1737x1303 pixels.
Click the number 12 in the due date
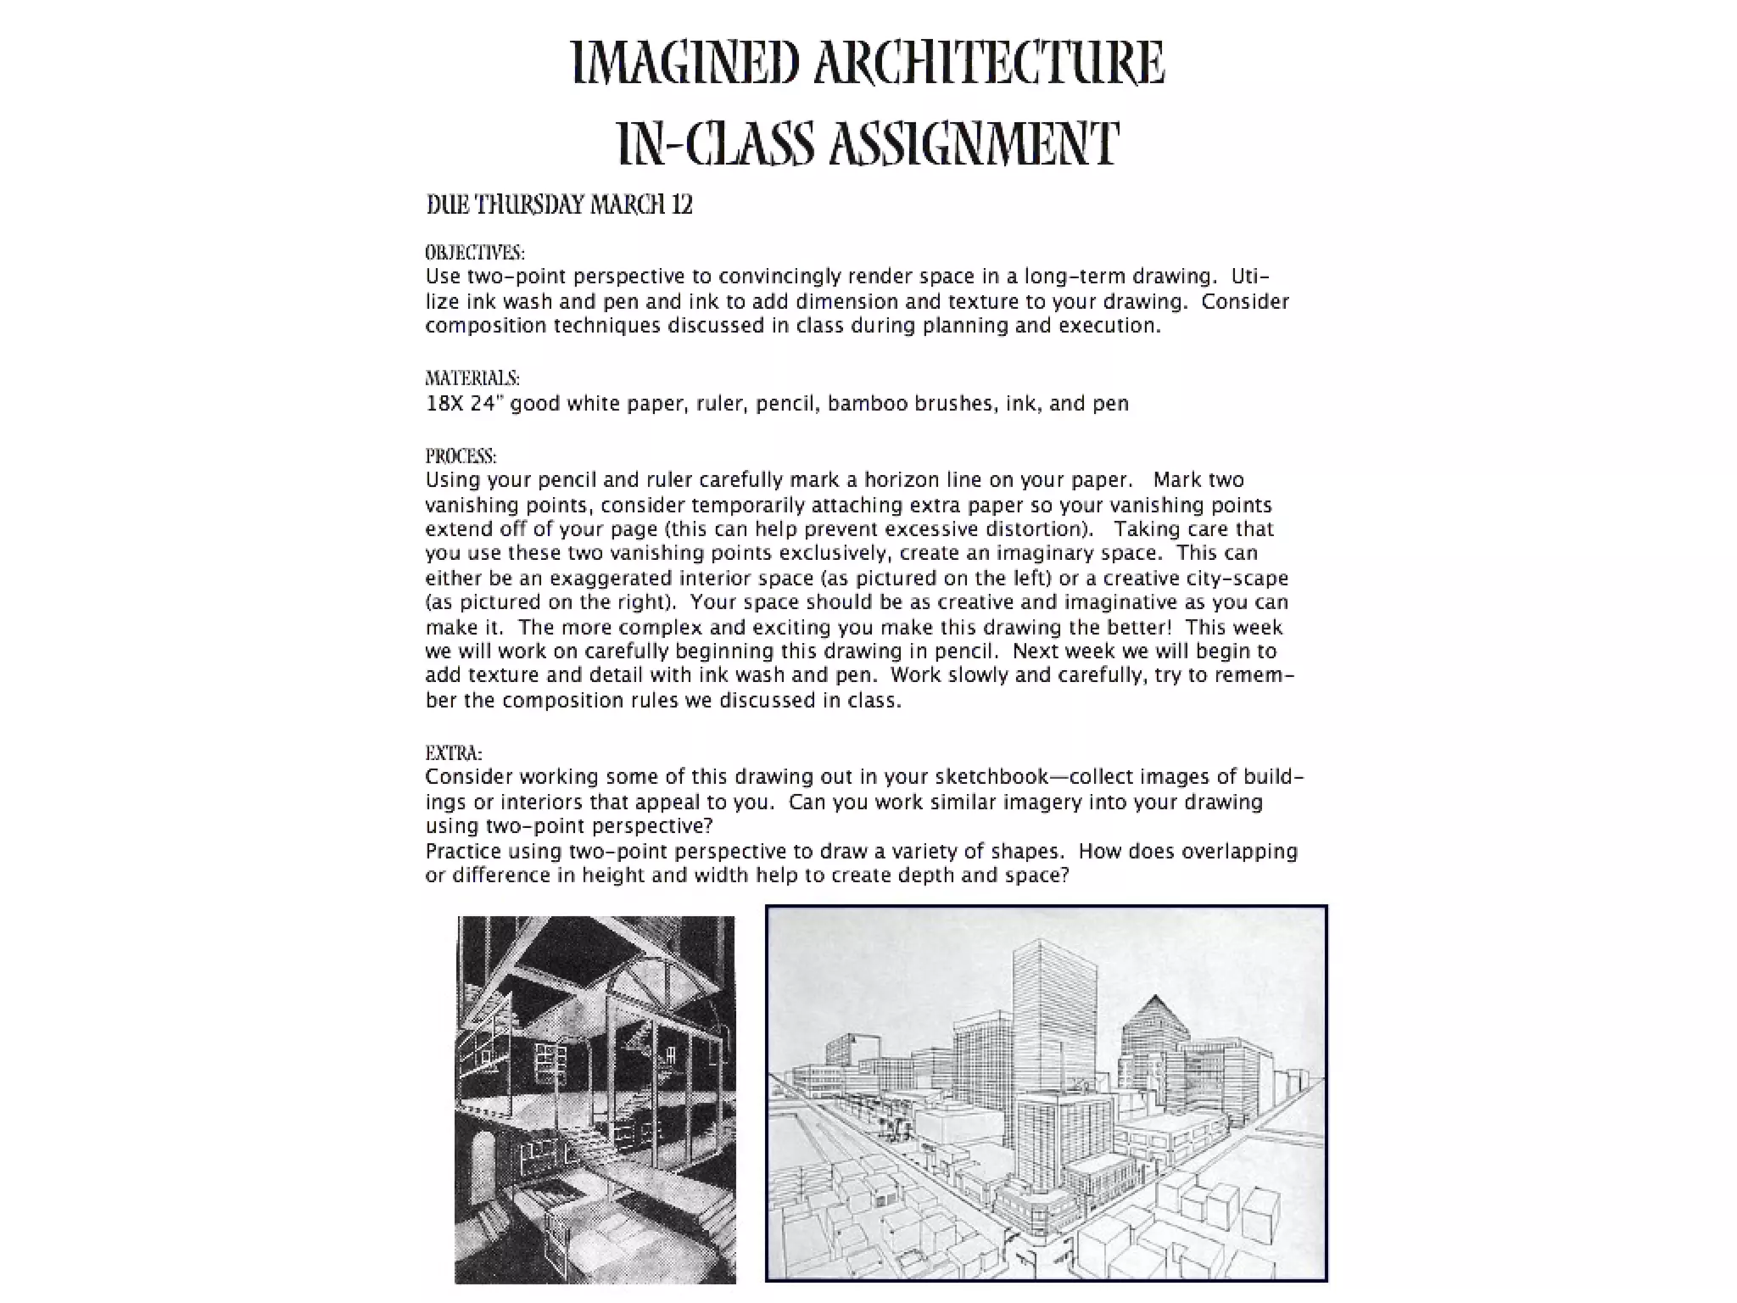682,205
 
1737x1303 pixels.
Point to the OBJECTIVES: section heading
475,253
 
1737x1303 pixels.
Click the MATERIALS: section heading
472,378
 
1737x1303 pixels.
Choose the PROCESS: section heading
461,456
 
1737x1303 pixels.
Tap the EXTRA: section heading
454,753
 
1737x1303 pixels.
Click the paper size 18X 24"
461,404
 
